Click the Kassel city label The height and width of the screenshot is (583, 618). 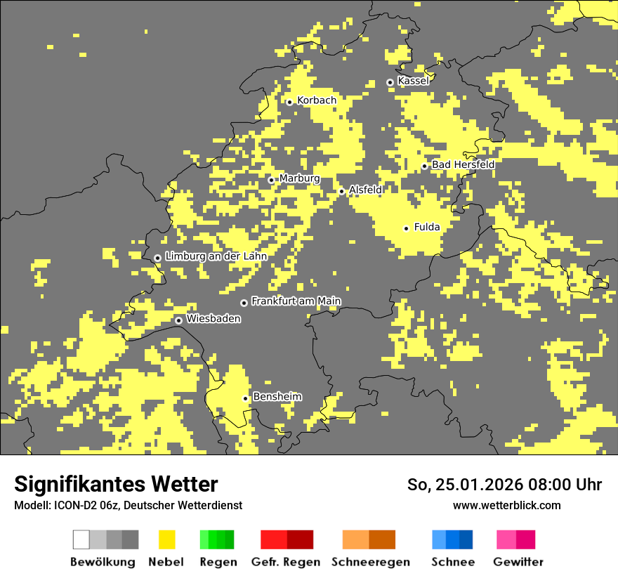click(413, 81)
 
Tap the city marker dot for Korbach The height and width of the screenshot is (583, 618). click(289, 103)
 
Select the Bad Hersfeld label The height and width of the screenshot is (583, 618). click(463, 164)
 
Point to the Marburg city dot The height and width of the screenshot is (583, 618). click(272, 181)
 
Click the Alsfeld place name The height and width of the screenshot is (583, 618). click(365, 190)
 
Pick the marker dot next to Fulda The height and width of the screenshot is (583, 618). click(406, 228)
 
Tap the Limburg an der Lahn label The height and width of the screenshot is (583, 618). click(216, 256)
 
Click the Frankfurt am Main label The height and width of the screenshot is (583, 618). click(296, 301)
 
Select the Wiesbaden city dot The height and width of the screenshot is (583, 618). click(179, 320)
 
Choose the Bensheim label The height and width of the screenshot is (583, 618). click(277, 397)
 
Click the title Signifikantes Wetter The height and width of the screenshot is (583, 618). click(116, 484)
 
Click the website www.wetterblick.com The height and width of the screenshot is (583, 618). click(506, 505)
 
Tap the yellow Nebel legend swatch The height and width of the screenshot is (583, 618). click(166, 539)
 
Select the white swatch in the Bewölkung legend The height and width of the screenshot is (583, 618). click(81, 539)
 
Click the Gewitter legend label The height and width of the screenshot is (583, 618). click(518, 562)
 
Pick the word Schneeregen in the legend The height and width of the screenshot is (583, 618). click(371, 562)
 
